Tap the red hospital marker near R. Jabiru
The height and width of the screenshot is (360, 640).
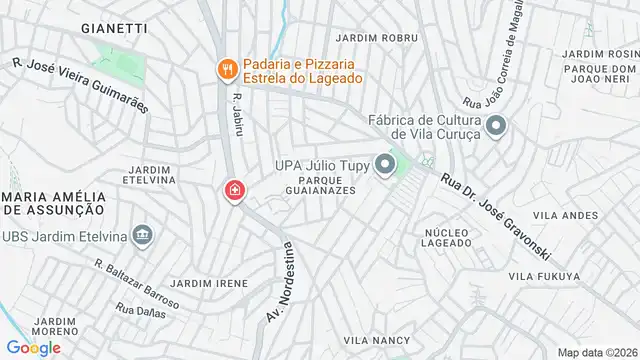coord(234,190)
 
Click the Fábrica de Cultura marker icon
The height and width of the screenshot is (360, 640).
coord(497,126)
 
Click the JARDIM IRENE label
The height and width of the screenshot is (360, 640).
coord(209,283)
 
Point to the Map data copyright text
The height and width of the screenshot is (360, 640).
coord(597,351)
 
